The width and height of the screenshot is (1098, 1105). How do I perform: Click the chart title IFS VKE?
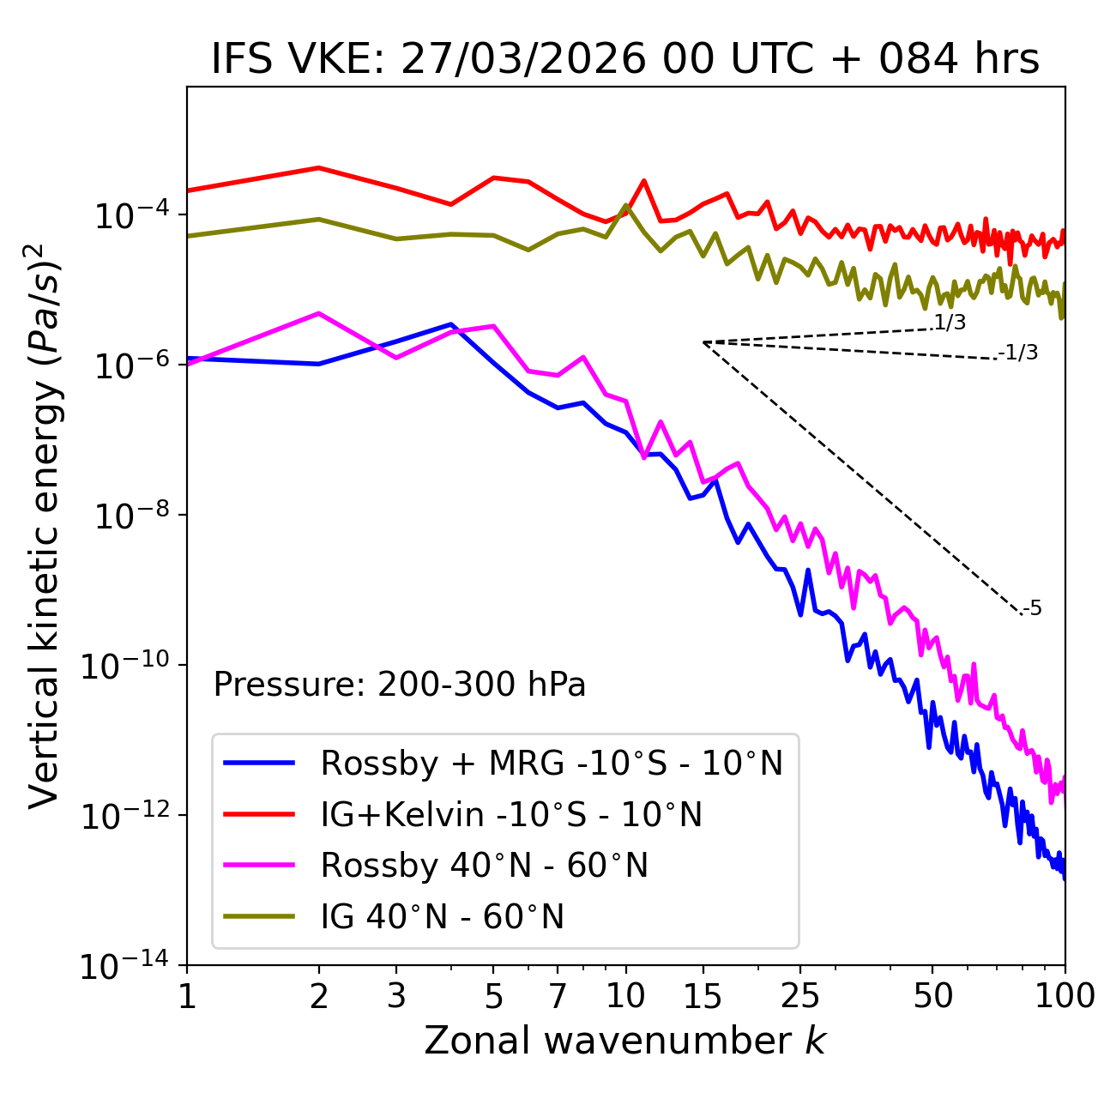tap(625, 60)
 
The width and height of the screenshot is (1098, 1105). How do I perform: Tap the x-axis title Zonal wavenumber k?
tap(625, 1041)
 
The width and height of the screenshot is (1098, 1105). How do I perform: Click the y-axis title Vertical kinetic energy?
tap(45, 525)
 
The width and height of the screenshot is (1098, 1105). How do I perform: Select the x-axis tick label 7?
tap(558, 996)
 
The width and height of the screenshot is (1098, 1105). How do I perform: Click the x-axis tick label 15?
tap(703, 996)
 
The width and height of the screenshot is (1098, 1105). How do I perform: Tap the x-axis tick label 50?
tap(932, 996)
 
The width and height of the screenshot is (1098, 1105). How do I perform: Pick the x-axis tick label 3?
tap(396, 996)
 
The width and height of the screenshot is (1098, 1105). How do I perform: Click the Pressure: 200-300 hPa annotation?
tap(400, 685)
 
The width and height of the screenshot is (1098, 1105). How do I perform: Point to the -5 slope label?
tap(1033, 609)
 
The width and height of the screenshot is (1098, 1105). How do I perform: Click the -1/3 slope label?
tap(1019, 353)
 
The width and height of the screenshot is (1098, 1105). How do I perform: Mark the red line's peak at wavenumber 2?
tap(319, 168)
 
